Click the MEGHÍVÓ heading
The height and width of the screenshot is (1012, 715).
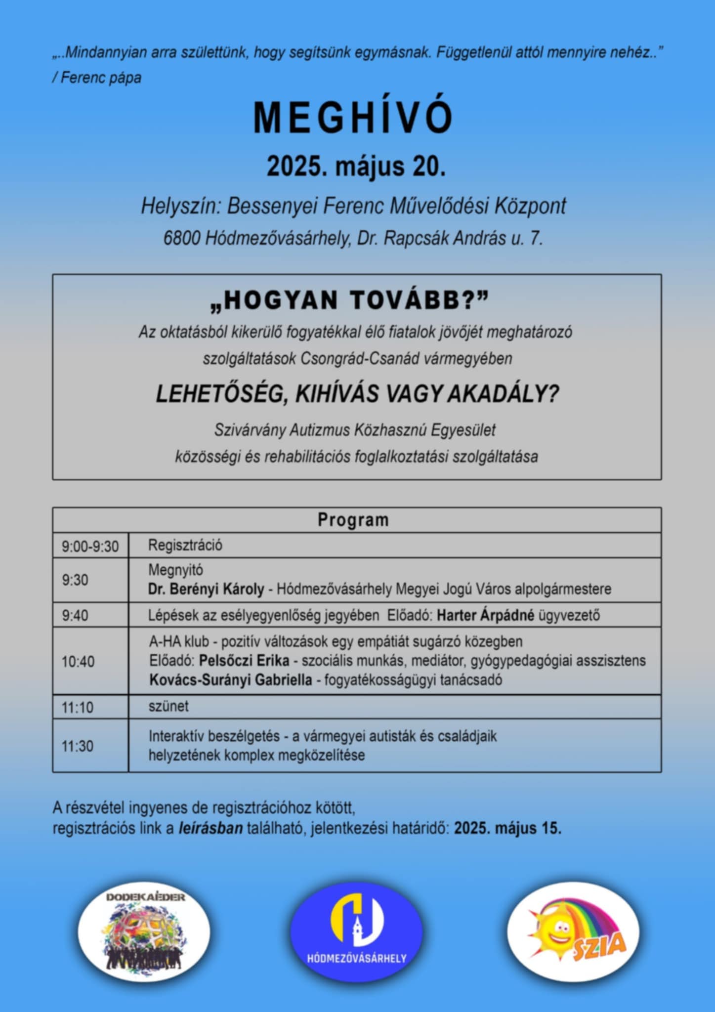[x=353, y=118]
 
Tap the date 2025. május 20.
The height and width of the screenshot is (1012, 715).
[x=356, y=166]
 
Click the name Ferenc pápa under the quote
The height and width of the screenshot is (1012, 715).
[x=101, y=78]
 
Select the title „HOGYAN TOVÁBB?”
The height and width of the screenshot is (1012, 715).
[x=349, y=300]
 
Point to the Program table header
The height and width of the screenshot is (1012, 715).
[x=353, y=520]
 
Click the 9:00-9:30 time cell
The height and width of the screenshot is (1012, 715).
[x=90, y=547]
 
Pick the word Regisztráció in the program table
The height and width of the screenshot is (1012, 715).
[x=185, y=546]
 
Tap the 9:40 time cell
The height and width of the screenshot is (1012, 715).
[x=75, y=616]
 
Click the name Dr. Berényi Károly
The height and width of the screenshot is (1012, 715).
[x=206, y=589]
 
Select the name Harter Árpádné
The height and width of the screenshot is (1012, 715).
[x=485, y=616]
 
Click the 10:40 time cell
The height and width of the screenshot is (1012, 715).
[x=78, y=662]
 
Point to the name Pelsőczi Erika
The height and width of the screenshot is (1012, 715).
[x=244, y=661]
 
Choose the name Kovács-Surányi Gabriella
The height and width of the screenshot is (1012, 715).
[x=231, y=680]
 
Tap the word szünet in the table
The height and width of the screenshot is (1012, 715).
[x=168, y=706]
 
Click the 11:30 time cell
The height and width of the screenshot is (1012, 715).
[x=78, y=746]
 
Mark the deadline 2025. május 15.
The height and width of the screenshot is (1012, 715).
[x=507, y=828]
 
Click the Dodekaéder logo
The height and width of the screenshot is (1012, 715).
[x=144, y=932]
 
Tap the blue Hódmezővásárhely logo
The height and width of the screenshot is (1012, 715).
[x=356, y=932]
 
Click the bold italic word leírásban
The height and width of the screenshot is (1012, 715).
[x=210, y=828]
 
